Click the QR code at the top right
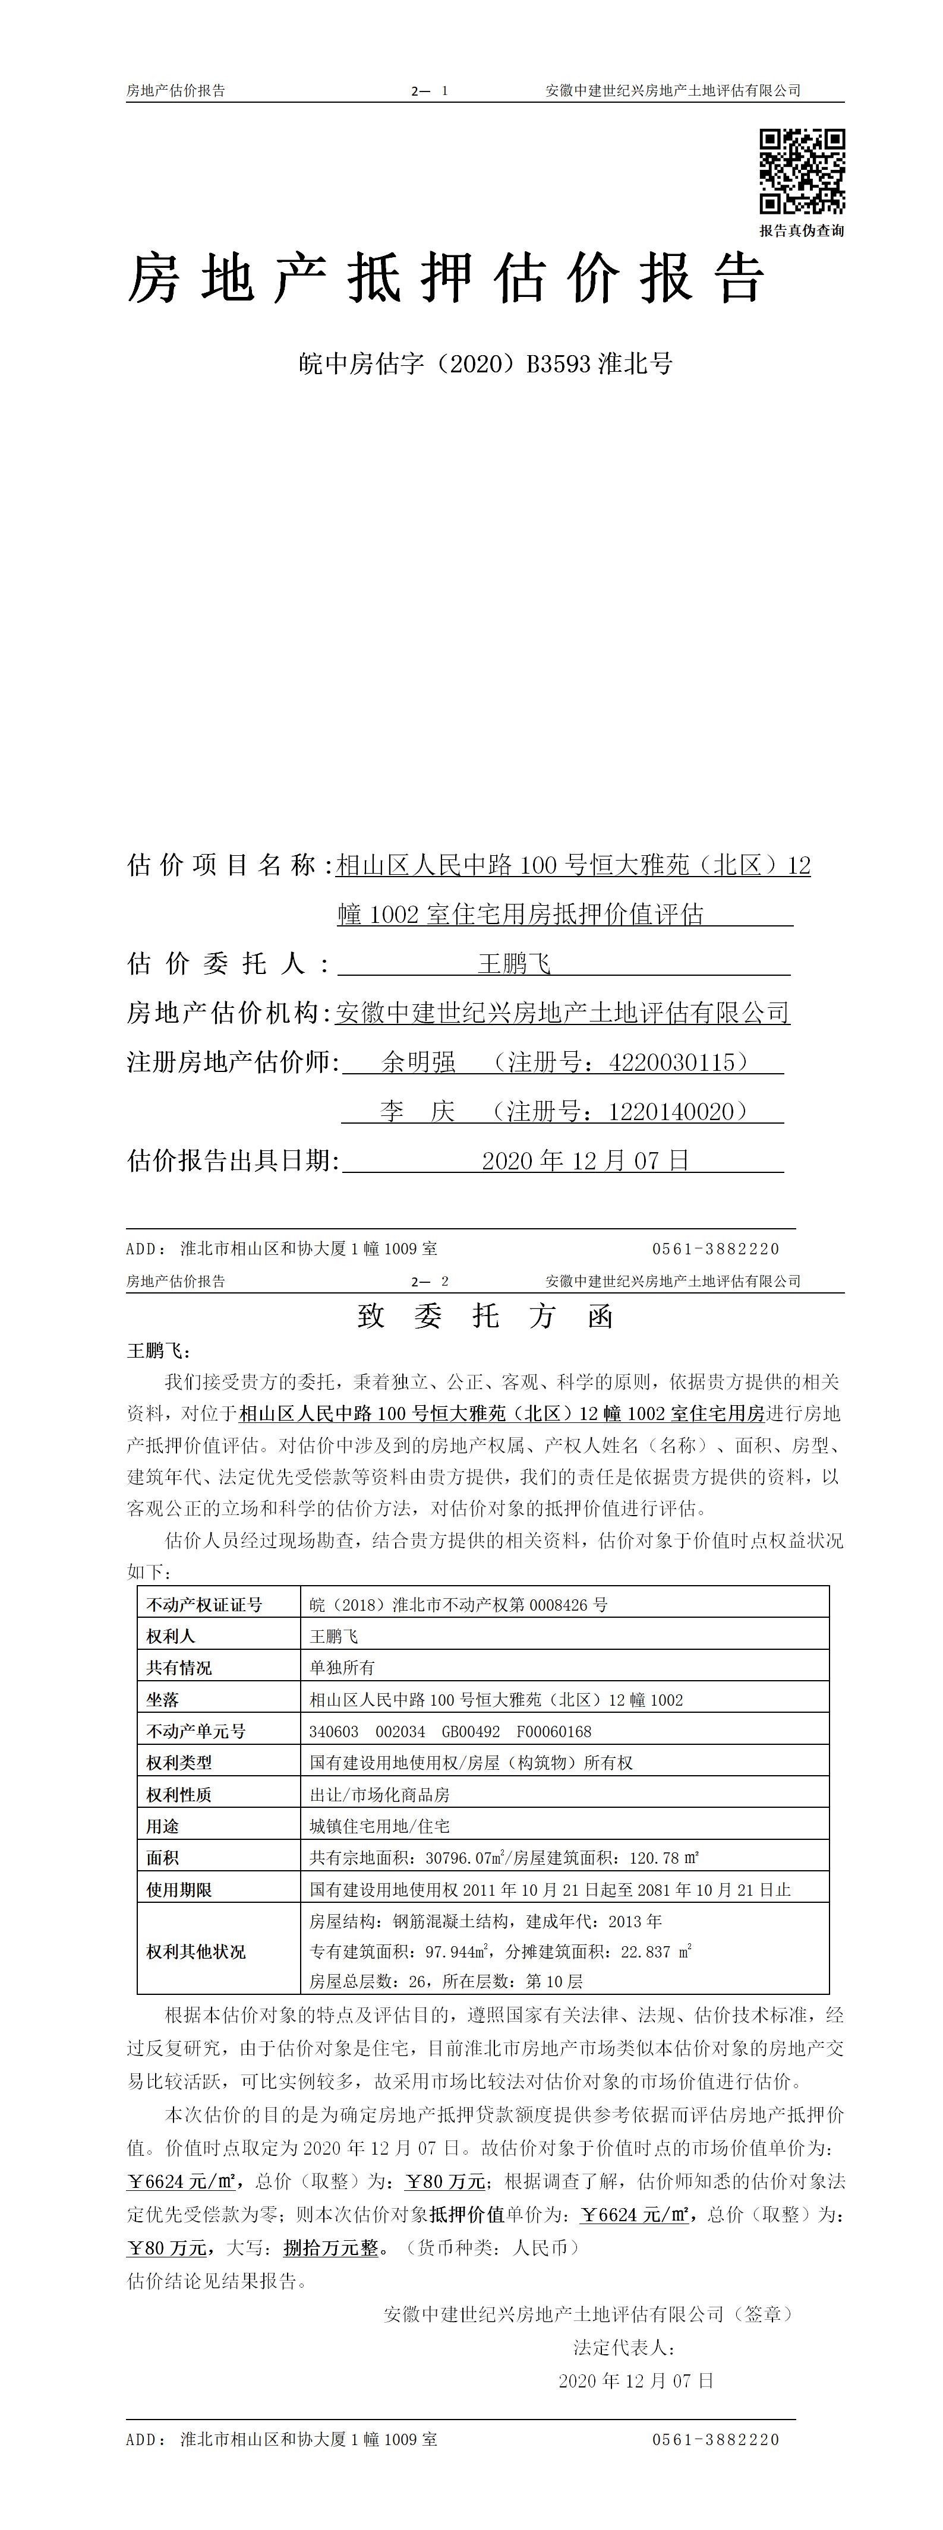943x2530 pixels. [802, 171]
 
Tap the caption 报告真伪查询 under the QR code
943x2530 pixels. [802, 231]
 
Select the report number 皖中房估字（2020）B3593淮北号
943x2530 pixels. [485, 365]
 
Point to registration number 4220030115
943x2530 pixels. [672, 1062]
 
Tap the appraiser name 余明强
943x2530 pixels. [418, 1062]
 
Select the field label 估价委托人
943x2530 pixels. [228, 963]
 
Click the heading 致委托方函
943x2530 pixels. [485, 1316]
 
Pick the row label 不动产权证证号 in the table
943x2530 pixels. [204, 1605]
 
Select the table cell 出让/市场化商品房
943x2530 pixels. [379, 1794]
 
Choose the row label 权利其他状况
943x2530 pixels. [195, 1952]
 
